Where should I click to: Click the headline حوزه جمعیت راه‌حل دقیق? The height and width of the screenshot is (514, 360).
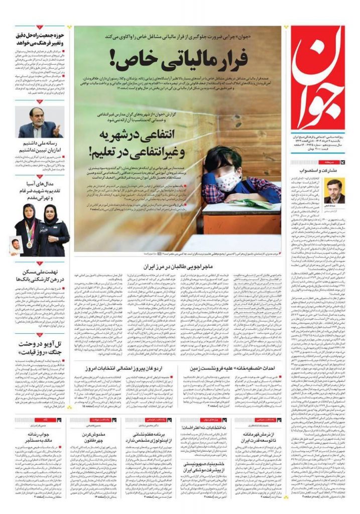[x=41, y=40]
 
